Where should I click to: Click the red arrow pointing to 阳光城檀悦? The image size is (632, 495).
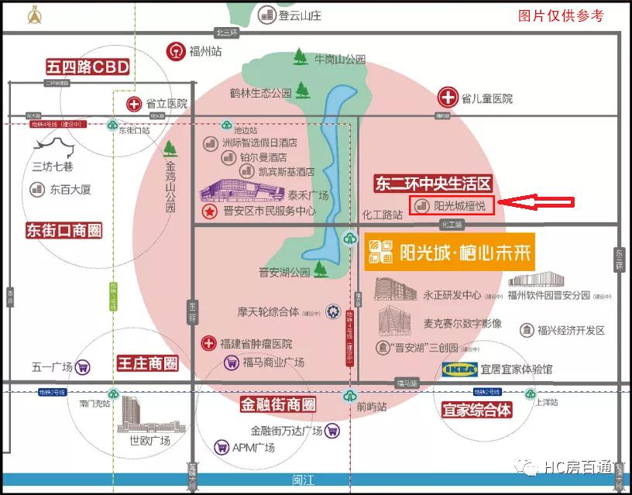pos(536,204)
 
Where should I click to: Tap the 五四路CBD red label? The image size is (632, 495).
pos(87,67)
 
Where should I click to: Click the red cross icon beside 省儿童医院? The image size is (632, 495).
pos(448,98)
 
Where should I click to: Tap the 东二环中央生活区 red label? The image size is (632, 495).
pos(433,184)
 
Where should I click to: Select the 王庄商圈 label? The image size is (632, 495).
pos(147,363)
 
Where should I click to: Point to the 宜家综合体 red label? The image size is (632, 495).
pos(477,409)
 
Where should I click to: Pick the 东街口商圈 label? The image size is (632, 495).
pos(64,231)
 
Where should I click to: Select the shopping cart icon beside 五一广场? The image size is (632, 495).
pos(84,367)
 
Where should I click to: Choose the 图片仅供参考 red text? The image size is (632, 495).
pos(561,15)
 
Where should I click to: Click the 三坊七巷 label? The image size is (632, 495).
pos(52,166)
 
